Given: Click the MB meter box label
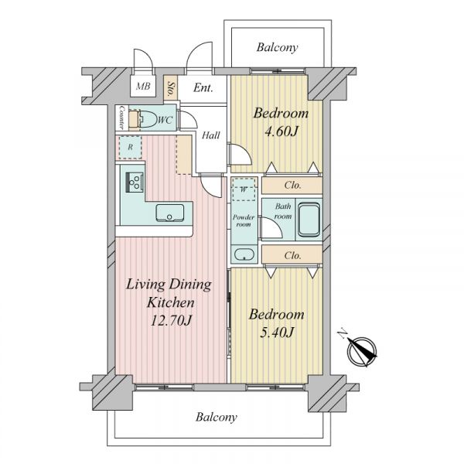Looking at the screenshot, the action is (x=143, y=87).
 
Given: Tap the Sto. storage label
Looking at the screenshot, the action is (x=170, y=88).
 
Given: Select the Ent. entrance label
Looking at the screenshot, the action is (x=203, y=88).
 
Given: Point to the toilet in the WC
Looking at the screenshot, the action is (x=148, y=119).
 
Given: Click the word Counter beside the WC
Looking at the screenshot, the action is (x=121, y=118).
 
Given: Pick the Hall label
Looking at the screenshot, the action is (x=210, y=135).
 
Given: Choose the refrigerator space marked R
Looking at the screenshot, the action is (x=130, y=147).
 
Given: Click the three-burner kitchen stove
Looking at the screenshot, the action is (x=135, y=183).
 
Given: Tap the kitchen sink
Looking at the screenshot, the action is (x=169, y=213).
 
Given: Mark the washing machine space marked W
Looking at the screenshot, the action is (x=244, y=189).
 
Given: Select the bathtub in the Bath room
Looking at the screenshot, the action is (x=309, y=220).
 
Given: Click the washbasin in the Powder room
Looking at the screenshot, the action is (x=244, y=254).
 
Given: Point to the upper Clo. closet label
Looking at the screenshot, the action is (x=292, y=186).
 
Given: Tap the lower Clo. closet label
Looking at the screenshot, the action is (x=292, y=255).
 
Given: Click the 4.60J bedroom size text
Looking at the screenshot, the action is (x=281, y=132).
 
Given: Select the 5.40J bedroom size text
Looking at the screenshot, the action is (x=277, y=333).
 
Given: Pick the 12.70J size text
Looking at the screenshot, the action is (x=171, y=320).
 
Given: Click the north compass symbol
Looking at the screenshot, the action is (x=362, y=351).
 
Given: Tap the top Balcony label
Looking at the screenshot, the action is (x=278, y=47).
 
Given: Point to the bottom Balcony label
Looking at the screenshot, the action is (x=217, y=418).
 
